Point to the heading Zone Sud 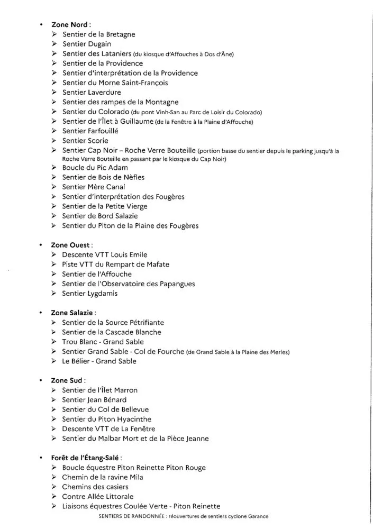pyautogui.click(x=68, y=380)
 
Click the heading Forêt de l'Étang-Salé pyautogui.click(x=88, y=458)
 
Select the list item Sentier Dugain pyautogui.click(x=87, y=44)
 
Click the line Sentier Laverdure pyautogui.click(x=92, y=92)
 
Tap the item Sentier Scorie pyautogui.click(x=85, y=141)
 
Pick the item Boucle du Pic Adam pyautogui.click(x=95, y=167)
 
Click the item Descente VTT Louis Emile pyautogui.click(x=104, y=255)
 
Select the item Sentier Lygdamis pyautogui.click(x=90, y=294)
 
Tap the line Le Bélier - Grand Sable pyautogui.click(x=99, y=361)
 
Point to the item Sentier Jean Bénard pyautogui.click(x=94, y=400)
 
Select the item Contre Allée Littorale pyautogui.click(x=98, y=497)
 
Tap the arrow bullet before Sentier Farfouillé pyautogui.click(x=54, y=131)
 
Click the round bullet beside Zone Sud pyautogui.click(x=40, y=380)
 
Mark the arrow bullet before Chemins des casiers pyautogui.click(x=54, y=487)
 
